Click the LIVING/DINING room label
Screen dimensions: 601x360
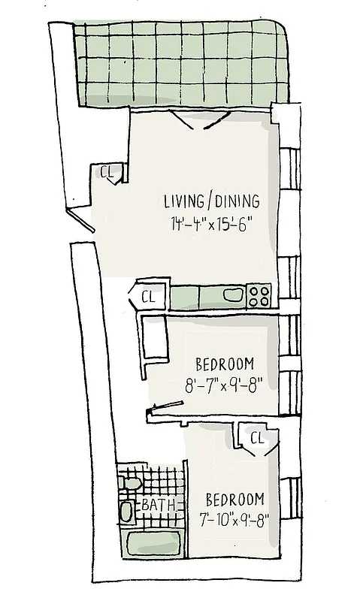click(211, 201)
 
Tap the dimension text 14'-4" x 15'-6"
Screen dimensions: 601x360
click(211, 223)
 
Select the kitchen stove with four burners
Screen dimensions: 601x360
click(259, 295)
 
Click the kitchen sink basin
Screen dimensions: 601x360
click(234, 295)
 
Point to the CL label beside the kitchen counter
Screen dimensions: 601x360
click(147, 295)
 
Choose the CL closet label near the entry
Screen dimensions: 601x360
click(107, 172)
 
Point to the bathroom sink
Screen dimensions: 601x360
click(126, 512)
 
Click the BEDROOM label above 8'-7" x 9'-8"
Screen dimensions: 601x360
click(224, 365)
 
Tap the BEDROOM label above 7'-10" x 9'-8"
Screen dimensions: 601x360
click(235, 499)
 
